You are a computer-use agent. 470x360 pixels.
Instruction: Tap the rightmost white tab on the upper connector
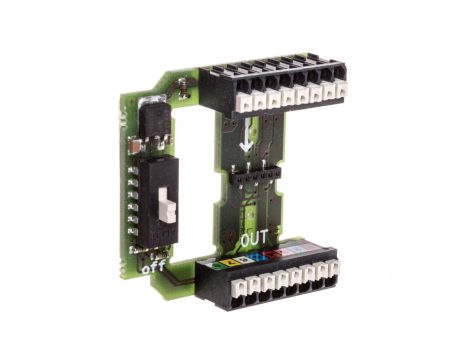pyautogui.click(x=341, y=91)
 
